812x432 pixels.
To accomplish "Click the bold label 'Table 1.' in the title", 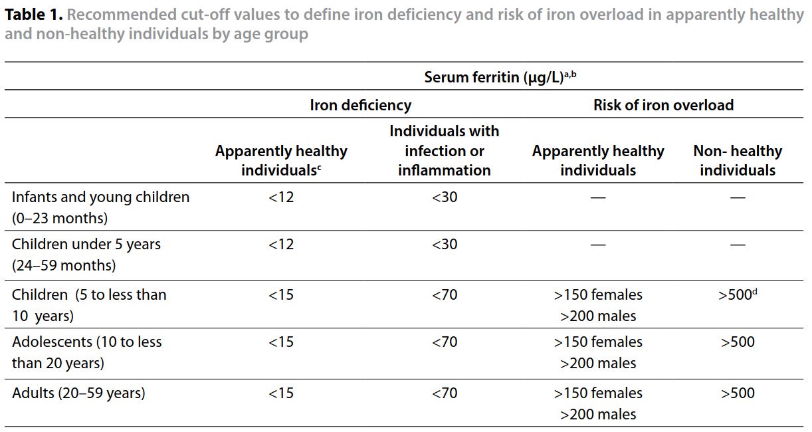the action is [x=34, y=15].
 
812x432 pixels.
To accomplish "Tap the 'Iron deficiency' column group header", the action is [x=361, y=105].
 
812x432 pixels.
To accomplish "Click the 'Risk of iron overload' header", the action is [x=663, y=105].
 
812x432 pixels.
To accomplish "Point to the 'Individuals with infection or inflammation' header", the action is [x=445, y=150].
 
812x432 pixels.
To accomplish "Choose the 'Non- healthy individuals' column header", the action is [x=738, y=160].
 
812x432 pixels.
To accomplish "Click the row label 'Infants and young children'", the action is [x=100, y=197].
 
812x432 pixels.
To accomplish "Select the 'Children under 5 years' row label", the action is [x=86, y=244].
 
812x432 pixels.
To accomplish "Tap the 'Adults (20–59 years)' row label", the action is [x=78, y=393].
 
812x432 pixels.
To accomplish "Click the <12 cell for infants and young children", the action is [x=281, y=197].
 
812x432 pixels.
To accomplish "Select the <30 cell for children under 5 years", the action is [x=445, y=244].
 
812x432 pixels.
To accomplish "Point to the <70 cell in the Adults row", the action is [x=445, y=393].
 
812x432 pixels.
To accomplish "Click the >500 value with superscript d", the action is [x=738, y=294].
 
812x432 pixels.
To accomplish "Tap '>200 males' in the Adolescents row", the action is [x=598, y=363].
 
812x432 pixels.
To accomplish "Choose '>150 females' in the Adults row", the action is [x=598, y=393].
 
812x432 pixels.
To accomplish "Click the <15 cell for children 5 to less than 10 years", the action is [x=281, y=294].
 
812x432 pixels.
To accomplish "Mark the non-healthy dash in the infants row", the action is [x=738, y=197].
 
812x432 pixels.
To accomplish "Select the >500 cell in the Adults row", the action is [x=738, y=393].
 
